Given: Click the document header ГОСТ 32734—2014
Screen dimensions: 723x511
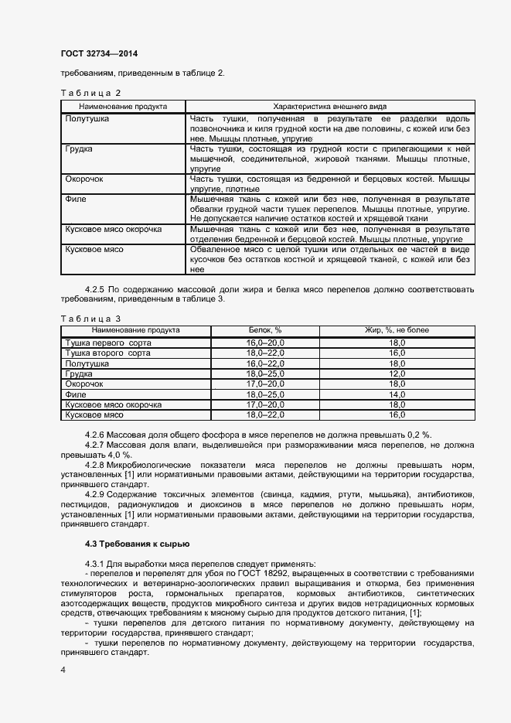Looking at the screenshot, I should [94, 53].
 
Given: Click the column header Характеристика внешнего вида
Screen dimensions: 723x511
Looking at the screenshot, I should [330, 106].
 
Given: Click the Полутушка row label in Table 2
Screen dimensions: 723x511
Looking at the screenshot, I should [87, 119].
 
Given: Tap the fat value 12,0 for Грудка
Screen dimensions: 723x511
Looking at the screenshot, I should [397, 373].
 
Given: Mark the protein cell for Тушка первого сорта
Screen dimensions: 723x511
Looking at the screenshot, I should [265, 342].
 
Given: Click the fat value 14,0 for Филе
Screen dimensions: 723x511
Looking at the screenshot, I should [397, 394].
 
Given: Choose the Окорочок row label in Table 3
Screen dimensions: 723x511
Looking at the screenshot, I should [84, 384].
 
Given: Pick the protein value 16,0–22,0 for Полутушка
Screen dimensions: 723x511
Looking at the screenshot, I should [265, 363].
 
